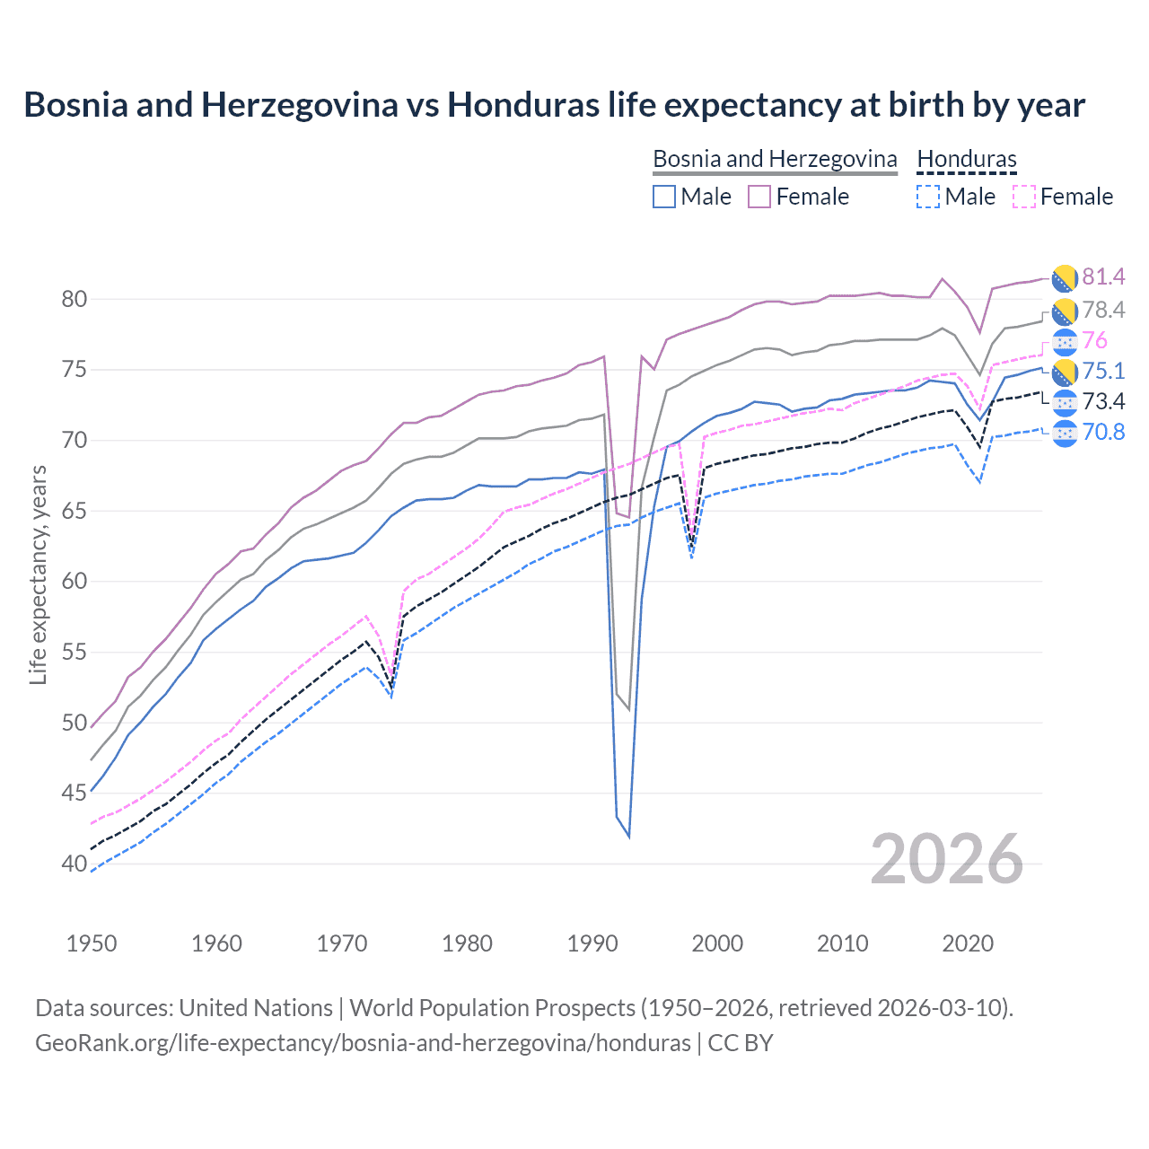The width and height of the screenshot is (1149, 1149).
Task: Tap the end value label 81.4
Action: [1103, 276]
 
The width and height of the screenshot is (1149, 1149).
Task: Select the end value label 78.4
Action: [1103, 310]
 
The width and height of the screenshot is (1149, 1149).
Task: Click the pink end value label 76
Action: [1094, 340]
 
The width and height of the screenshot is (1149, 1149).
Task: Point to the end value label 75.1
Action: [1103, 371]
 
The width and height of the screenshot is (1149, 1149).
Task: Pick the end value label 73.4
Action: [1103, 401]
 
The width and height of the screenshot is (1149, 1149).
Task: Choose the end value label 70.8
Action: [1103, 432]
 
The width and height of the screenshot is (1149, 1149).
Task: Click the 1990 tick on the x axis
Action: [592, 943]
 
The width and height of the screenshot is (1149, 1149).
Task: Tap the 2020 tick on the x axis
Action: [968, 943]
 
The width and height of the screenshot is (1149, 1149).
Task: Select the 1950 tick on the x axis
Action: [92, 943]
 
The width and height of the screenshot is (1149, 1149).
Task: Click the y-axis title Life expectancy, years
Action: [38, 574]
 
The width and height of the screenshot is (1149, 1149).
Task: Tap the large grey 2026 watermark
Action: [947, 860]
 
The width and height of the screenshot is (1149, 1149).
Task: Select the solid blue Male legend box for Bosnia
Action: [664, 197]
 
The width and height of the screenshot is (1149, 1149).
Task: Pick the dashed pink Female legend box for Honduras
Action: [1023, 197]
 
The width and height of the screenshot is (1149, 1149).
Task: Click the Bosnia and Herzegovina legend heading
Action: [775, 159]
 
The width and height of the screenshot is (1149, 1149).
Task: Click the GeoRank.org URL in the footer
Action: [363, 1043]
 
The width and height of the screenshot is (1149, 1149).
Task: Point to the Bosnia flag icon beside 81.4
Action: [1064, 278]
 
